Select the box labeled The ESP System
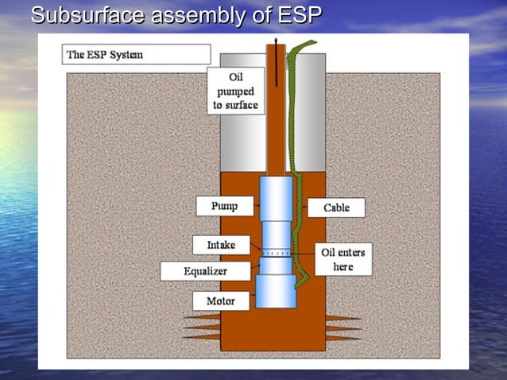[136, 54]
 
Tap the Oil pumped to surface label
[236, 91]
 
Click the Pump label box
[224, 206]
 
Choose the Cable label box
[336, 207]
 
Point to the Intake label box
[221, 245]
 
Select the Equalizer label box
[205, 271]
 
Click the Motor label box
[221, 301]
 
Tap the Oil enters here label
[343, 259]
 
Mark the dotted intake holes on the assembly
[277, 253]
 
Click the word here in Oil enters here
[343, 266]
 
